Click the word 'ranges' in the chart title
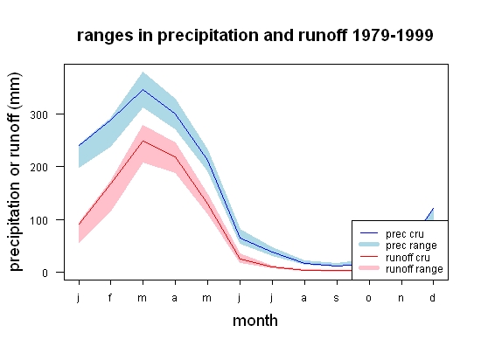pyautogui.click(x=105, y=36)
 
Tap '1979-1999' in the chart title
pyautogui.click(x=393, y=35)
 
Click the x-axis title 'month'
pyautogui.click(x=255, y=321)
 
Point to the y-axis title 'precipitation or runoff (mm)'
pyautogui.click(x=15, y=172)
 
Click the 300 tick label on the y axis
pyautogui.click(x=39, y=115)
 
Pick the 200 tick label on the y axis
pyautogui.click(x=39, y=167)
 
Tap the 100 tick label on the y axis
pyautogui.click(x=39, y=220)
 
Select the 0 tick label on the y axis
pyautogui.click(x=45, y=273)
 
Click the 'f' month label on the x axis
pyautogui.click(x=110, y=297)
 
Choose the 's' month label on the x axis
pyautogui.click(x=337, y=298)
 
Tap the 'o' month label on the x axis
pyautogui.click(x=369, y=298)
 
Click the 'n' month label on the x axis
pyautogui.click(x=401, y=298)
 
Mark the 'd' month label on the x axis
pyautogui.click(x=432, y=297)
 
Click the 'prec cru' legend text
pyautogui.click(x=405, y=234)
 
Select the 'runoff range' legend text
pyautogui.click(x=415, y=269)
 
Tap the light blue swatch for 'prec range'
pyautogui.click(x=369, y=245)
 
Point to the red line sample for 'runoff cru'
pyautogui.click(x=369, y=256)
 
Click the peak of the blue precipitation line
pyautogui.click(x=143, y=90)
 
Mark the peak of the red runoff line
pyautogui.click(x=143, y=141)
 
